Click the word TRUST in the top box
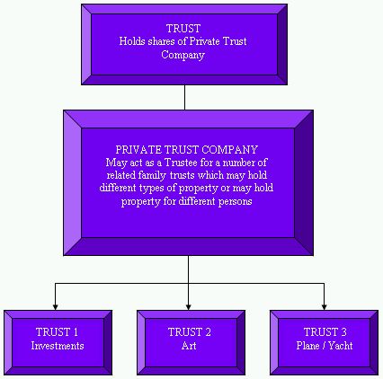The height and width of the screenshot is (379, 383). tap(183, 29)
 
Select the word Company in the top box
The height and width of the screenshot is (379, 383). tap(183, 55)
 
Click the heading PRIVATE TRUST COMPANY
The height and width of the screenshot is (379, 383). tap(186, 149)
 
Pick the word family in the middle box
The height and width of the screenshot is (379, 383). tap(152, 175)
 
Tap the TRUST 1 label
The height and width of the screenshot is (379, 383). tap(57, 332)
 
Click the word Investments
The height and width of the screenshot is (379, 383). tap(58, 346)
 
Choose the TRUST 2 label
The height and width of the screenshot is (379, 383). tap(190, 332)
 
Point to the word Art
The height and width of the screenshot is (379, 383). tap(189, 346)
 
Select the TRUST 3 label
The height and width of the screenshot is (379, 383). tap(325, 332)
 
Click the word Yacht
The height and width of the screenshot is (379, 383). tap(341, 346)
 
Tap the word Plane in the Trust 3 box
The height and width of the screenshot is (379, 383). tap(307, 346)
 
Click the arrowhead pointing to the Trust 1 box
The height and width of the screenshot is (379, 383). tap(55, 307)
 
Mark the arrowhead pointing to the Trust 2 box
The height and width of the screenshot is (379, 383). tap(188, 307)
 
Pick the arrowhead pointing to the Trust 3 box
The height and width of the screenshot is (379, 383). tap(324, 307)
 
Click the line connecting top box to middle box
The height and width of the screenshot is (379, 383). tap(184, 97)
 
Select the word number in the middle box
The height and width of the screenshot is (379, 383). tap(238, 163)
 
